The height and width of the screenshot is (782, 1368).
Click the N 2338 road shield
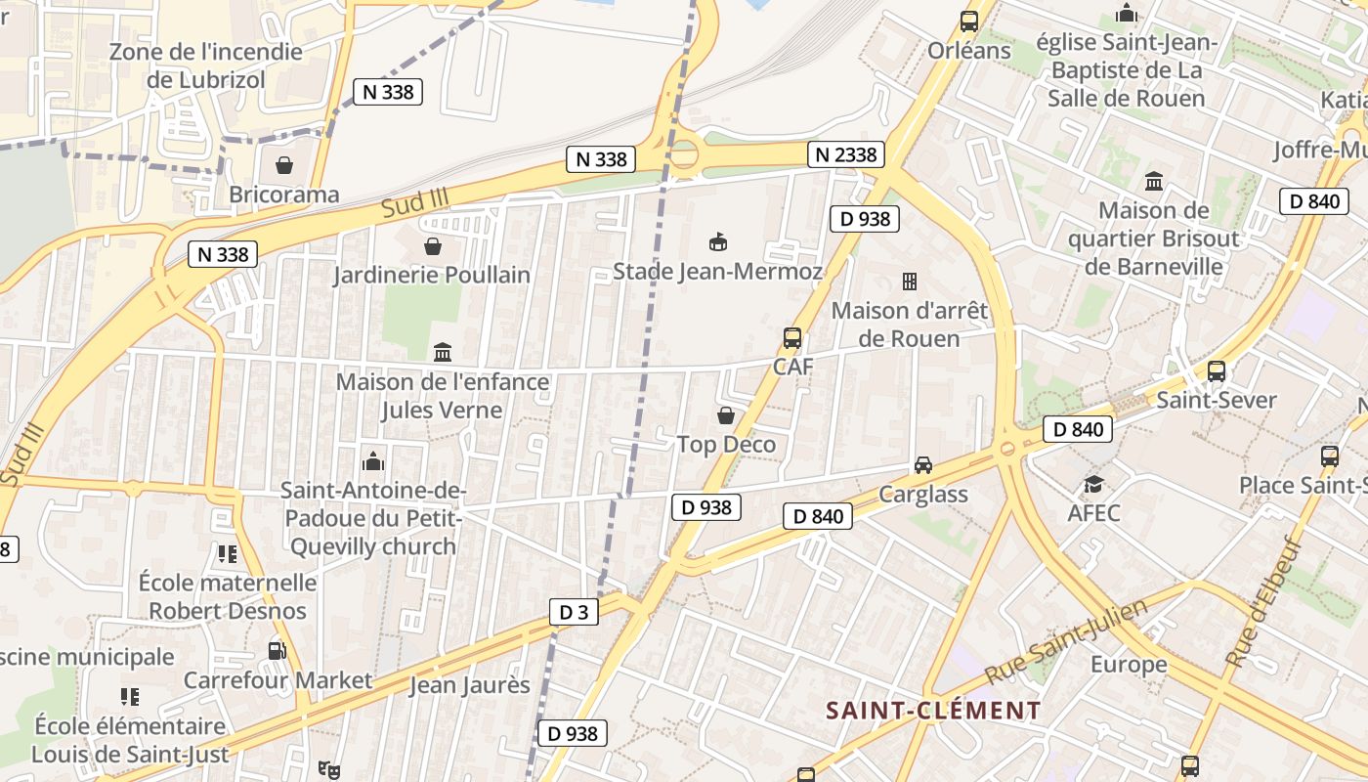coord(846,154)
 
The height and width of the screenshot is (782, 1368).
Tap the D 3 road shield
coord(574,613)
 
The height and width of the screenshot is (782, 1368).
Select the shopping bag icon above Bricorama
coord(283,165)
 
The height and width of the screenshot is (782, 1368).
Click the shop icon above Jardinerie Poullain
coord(432,246)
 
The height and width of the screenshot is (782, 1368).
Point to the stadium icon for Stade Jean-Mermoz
coord(718,241)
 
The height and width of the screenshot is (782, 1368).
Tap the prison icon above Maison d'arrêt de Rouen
coord(910,282)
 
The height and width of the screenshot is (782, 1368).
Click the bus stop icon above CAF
coord(792,338)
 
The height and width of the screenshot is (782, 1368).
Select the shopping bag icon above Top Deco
coord(726,416)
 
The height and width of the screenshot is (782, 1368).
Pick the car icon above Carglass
coord(923,465)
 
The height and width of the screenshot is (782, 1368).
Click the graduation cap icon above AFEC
coord(1093,484)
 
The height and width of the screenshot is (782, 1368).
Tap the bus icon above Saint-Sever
coord(1217,371)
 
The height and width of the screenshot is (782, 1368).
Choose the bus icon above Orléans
coord(969,21)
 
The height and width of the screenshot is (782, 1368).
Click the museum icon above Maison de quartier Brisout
coord(1154,181)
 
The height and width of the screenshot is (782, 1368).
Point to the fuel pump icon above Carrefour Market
coord(278,651)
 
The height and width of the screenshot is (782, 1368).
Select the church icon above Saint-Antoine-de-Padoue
coord(372,461)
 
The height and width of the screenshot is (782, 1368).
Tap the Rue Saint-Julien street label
coord(1066,643)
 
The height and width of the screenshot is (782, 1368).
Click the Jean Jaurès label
coord(469,685)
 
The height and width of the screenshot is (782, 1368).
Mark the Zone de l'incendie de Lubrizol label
coord(205,65)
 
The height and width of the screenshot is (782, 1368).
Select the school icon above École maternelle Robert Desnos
coord(228,554)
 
